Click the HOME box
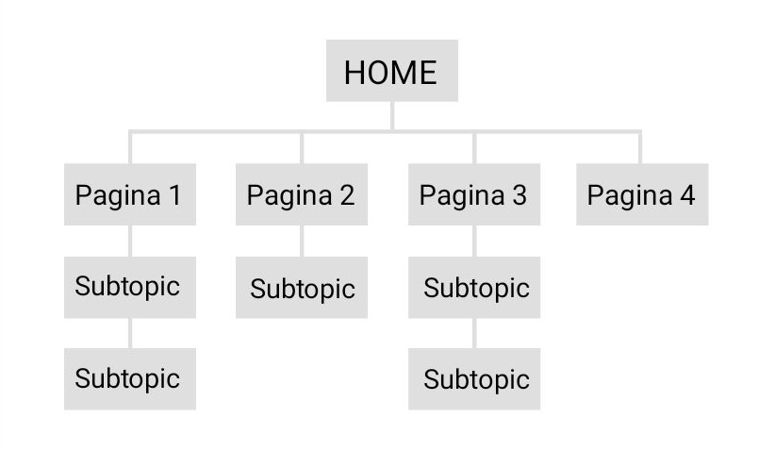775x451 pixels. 392,71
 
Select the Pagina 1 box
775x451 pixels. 130,194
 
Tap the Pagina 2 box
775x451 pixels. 302,194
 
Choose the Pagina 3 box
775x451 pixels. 474,194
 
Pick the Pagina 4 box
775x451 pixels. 643,194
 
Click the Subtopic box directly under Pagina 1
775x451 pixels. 130,288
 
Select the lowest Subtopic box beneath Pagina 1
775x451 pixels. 130,378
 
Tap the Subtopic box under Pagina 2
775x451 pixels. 302,288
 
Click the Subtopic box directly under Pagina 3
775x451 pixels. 474,288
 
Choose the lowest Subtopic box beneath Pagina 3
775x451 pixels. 474,378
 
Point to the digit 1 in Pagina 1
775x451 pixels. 175,195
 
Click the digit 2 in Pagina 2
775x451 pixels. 347,195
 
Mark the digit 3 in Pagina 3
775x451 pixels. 519,195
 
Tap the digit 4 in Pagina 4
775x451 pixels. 687,195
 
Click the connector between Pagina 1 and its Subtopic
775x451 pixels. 130,241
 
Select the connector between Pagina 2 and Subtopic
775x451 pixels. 302,241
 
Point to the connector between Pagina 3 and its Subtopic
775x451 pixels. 474,241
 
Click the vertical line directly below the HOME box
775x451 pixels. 392,116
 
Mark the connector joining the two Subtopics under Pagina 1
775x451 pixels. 130,333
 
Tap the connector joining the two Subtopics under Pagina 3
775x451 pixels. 474,333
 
